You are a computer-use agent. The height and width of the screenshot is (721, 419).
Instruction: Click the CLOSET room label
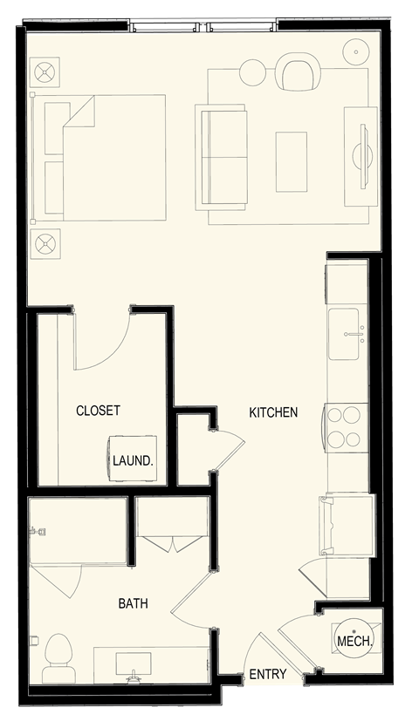98,411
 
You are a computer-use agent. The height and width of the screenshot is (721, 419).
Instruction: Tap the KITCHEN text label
273,412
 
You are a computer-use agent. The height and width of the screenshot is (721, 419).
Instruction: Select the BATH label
134,602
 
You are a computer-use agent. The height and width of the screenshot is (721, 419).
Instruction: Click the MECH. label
354,642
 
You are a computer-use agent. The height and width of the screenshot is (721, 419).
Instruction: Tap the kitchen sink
347,332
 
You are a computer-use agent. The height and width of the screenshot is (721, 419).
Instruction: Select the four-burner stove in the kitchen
346,426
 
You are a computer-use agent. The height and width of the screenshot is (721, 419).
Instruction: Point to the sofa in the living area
221,157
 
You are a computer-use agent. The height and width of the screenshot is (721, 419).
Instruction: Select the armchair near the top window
299,71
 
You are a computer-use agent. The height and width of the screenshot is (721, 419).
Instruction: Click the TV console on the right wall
361,157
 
